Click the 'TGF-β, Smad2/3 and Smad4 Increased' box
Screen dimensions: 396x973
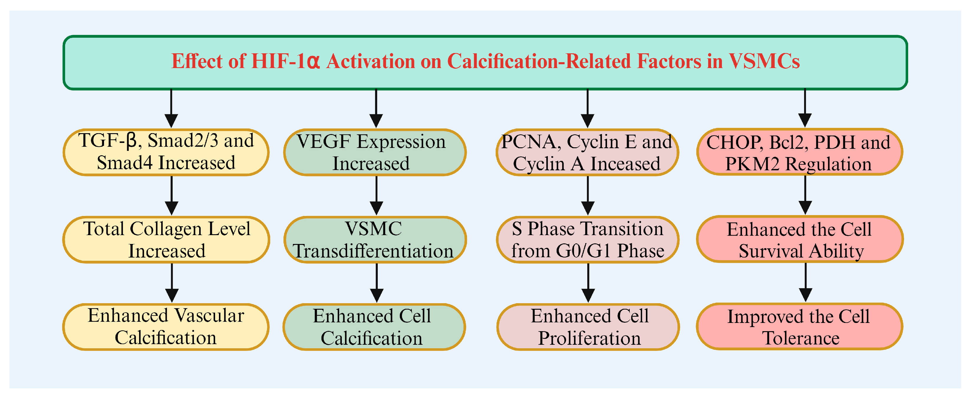point(166,152)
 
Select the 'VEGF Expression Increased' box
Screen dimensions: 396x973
point(375,152)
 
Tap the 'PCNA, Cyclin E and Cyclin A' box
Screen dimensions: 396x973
point(587,152)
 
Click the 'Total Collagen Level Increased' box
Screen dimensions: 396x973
point(166,240)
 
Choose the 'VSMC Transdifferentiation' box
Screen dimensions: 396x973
point(375,240)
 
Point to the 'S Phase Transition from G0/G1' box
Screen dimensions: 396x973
point(587,240)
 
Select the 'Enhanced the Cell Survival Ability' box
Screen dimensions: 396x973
point(800,239)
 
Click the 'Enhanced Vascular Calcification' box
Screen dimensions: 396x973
point(166,327)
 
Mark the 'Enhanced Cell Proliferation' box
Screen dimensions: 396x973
point(588,327)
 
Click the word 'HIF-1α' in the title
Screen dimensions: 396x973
point(286,61)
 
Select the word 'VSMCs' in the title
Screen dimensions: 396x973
point(764,61)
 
